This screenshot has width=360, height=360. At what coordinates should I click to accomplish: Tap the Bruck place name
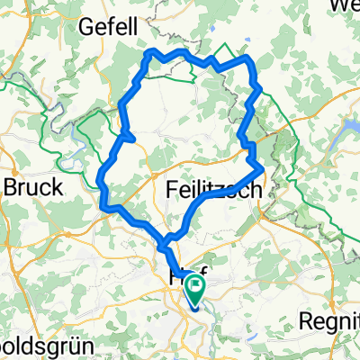pyautogui.click(x=33, y=187)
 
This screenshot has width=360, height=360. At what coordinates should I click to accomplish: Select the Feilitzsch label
pyautogui.click(x=214, y=191)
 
